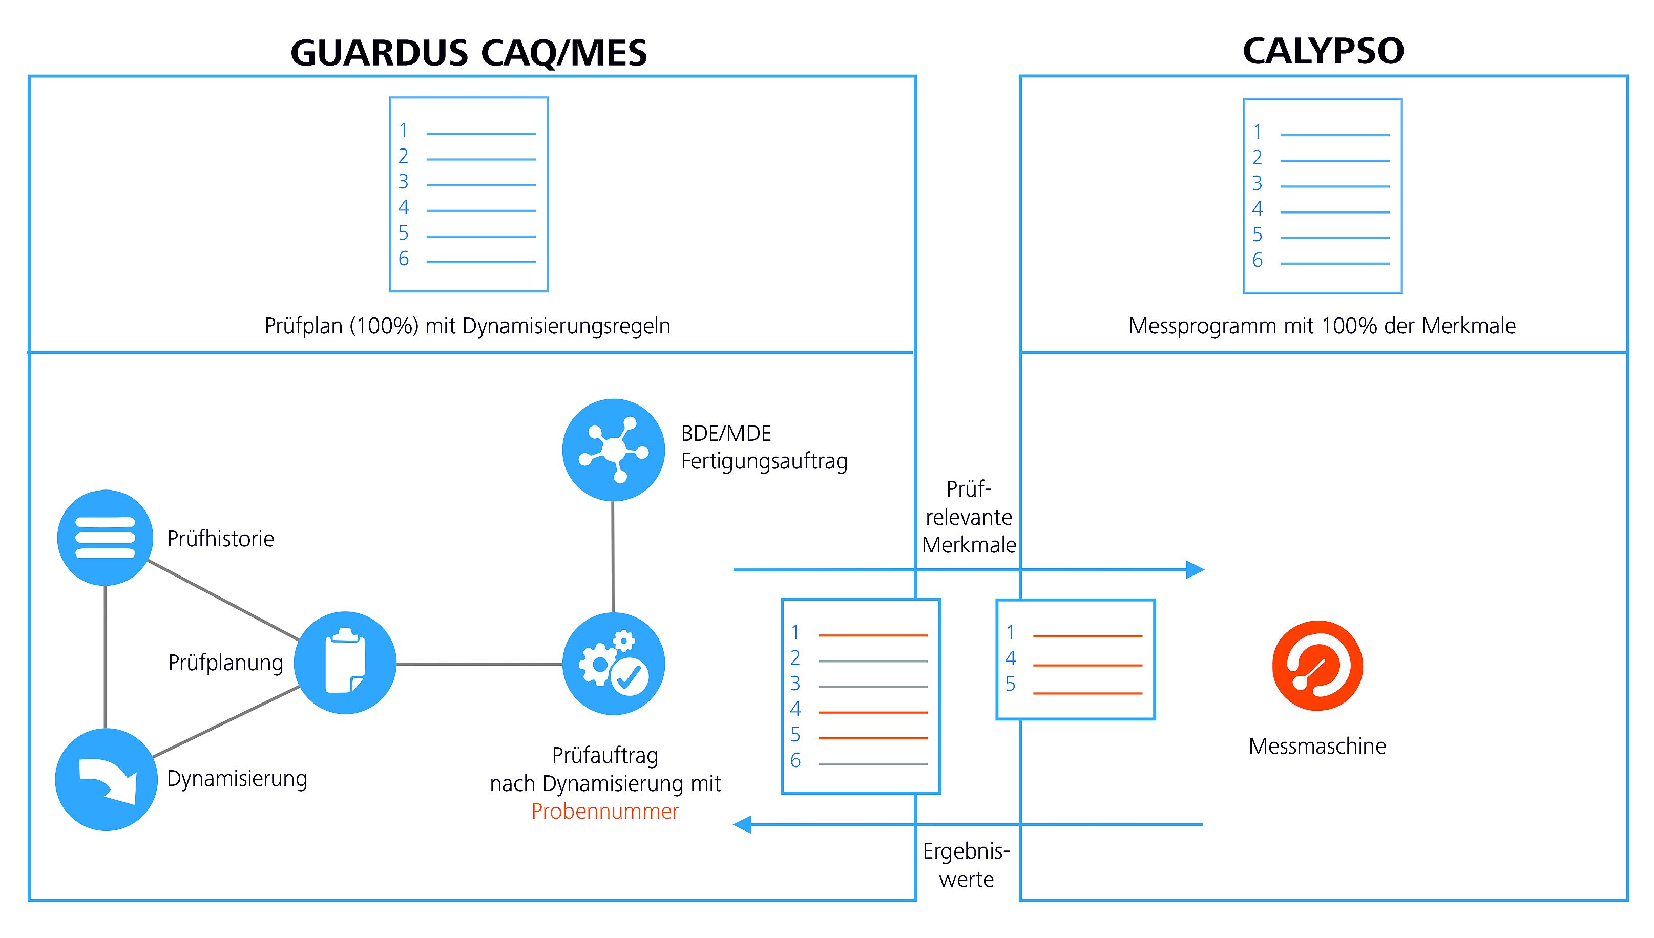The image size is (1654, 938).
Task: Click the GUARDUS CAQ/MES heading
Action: pos(468,53)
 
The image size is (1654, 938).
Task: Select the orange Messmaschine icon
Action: pos(1317,666)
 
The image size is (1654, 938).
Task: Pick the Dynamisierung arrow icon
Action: pos(107,779)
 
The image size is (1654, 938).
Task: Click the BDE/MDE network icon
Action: pos(614,450)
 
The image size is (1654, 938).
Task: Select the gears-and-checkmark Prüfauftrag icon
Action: pos(614,664)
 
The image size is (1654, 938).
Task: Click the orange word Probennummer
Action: pos(605,811)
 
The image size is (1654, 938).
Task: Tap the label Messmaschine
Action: pos(1317,746)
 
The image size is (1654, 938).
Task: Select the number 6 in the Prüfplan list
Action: pos(403,259)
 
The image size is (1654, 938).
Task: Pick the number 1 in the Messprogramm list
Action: pos(1257,132)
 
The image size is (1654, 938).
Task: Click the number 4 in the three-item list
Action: pos(1010,658)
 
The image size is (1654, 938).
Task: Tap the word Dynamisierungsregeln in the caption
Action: pos(567,327)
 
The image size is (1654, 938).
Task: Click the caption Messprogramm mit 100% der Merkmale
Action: pos(1322,326)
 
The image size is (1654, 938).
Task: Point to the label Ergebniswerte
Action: pos(966,865)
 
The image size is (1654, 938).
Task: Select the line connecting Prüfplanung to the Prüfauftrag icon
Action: pos(479,664)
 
